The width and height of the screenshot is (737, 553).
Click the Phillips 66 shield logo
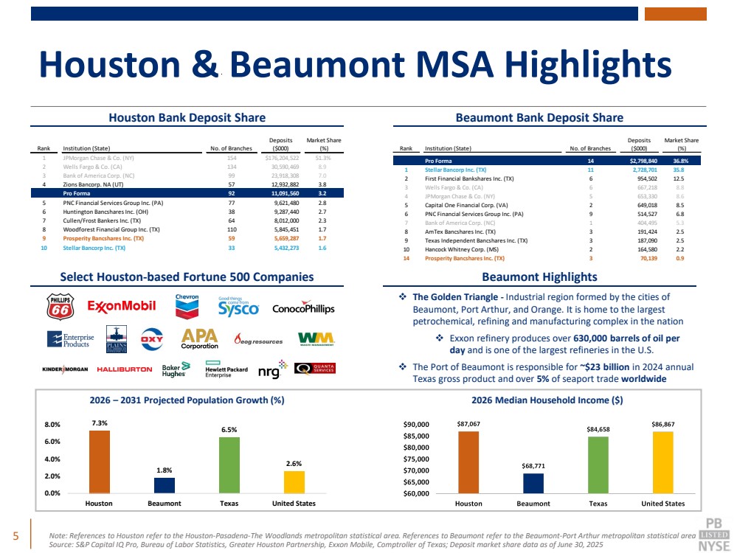[60, 307]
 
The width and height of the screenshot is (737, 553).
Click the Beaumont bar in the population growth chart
[165, 485]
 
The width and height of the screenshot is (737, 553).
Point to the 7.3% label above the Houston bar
[100, 423]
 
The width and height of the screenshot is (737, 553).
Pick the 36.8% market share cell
[681, 160]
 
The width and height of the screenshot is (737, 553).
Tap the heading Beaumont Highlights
[539, 276]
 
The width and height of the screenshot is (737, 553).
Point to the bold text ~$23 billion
[604, 366]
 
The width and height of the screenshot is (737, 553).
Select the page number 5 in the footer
[16, 535]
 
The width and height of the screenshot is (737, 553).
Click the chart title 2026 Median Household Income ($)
[547, 400]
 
